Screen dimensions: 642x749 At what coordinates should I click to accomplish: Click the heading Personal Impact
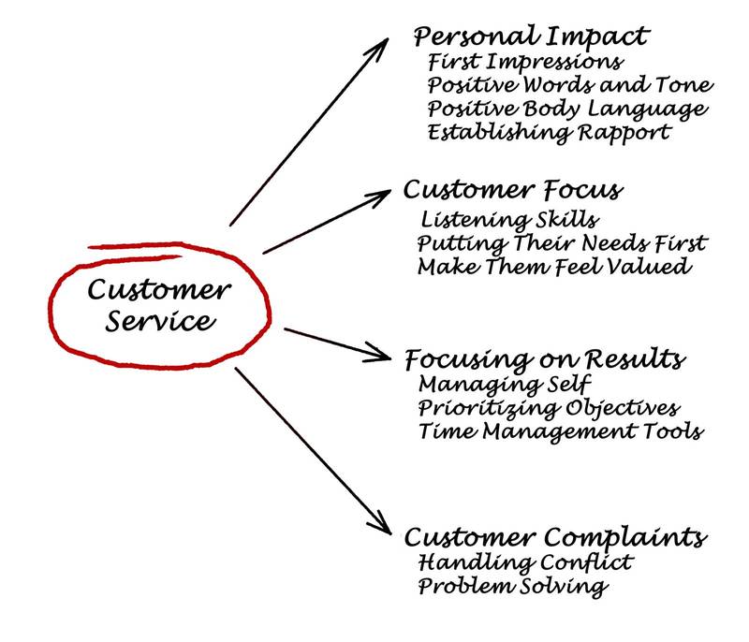click(531, 37)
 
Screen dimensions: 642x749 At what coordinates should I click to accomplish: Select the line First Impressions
click(525, 63)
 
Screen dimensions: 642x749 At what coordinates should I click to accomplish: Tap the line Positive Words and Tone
click(569, 85)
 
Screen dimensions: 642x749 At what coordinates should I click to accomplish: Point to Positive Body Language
click(566, 109)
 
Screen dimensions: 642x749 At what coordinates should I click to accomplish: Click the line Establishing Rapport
click(549, 132)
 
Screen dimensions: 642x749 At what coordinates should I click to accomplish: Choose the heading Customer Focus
click(512, 191)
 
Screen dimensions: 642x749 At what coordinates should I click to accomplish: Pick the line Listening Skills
click(509, 221)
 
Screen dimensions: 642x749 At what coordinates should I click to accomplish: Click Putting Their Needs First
click(562, 244)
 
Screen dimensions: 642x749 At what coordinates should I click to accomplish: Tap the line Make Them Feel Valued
click(554, 268)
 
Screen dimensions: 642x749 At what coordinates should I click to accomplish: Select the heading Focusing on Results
click(545, 360)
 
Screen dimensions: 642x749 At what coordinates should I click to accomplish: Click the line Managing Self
click(505, 384)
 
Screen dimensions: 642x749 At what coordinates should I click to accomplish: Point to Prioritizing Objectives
click(549, 409)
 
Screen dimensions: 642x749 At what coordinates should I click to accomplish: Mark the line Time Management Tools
click(560, 432)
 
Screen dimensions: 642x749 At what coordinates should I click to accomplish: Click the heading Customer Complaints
click(554, 538)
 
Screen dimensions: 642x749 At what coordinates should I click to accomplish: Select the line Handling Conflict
click(525, 563)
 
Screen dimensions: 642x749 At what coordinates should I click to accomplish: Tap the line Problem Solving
click(512, 588)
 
